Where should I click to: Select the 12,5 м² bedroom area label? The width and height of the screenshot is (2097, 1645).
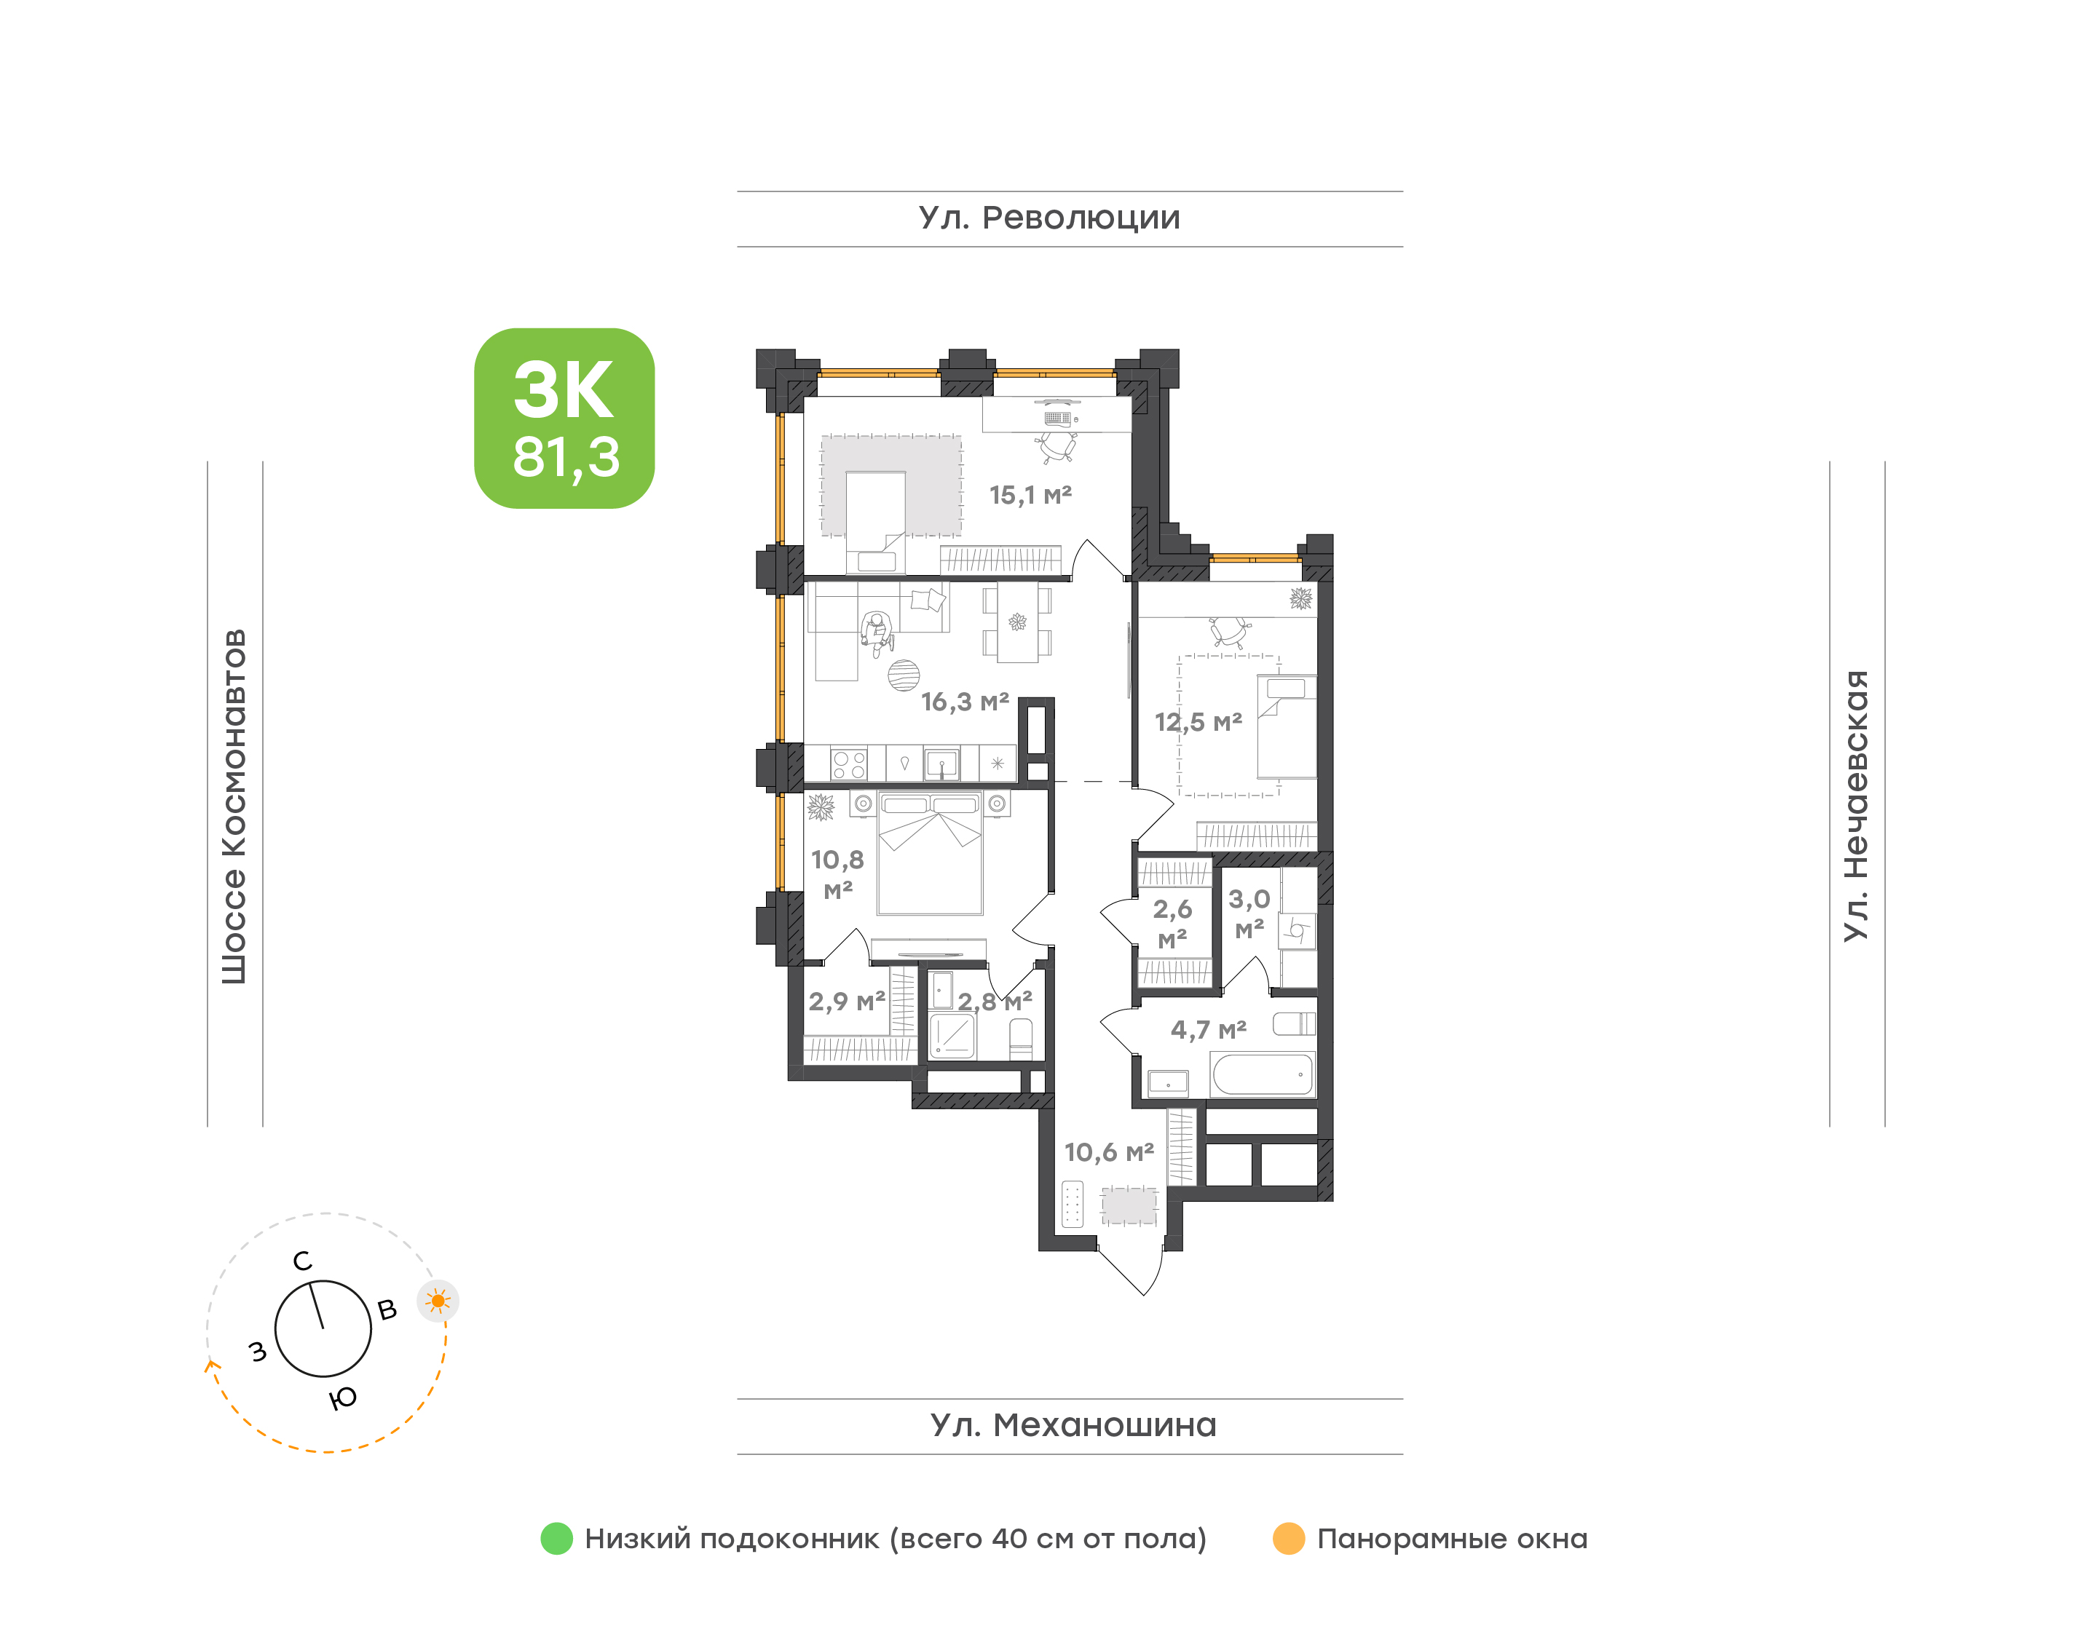[1198, 721]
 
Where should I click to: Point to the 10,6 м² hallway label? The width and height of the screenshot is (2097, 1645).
[1109, 1152]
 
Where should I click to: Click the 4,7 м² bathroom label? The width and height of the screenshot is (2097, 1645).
[1208, 1029]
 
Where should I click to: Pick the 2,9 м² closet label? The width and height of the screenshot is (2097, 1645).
[847, 1002]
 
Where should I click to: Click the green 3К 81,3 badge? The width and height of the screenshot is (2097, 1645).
[564, 418]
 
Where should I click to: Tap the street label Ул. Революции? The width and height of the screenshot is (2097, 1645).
[1049, 218]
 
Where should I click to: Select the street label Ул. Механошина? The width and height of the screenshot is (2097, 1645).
[1073, 1424]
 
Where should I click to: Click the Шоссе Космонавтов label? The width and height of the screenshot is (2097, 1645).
[234, 807]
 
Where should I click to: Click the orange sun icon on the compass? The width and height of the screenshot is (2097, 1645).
[438, 1301]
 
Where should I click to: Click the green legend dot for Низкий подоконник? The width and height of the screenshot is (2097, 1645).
[557, 1538]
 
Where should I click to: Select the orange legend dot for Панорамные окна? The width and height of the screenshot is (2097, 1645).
[1289, 1538]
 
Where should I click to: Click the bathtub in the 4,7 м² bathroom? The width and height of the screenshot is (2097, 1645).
[1262, 1074]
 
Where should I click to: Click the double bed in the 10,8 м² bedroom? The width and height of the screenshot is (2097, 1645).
[930, 853]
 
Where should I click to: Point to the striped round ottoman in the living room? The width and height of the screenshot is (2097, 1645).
[904, 676]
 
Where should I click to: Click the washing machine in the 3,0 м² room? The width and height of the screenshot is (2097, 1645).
[1297, 930]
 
